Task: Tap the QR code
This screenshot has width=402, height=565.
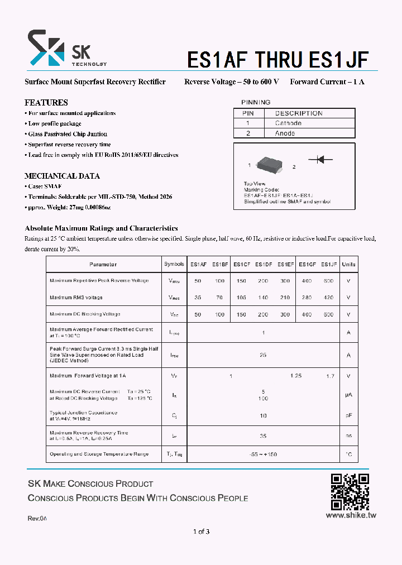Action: tap(350, 492)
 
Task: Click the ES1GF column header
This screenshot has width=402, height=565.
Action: tap(307, 265)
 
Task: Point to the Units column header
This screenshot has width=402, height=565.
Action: tap(348, 265)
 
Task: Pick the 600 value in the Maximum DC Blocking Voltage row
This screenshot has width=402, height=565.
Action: tap(328, 315)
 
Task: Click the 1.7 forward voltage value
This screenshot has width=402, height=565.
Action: tap(330, 376)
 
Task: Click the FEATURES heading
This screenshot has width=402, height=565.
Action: tap(46, 103)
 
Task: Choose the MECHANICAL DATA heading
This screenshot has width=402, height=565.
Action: tap(62, 176)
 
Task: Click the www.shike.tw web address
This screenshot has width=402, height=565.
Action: tap(351, 515)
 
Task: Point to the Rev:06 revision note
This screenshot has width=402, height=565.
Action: tap(37, 519)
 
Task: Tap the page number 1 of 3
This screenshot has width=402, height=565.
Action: tap(201, 532)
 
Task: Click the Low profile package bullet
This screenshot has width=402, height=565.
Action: tap(54, 123)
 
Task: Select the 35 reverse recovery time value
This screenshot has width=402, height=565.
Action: tap(263, 436)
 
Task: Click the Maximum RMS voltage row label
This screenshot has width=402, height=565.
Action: tap(76, 298)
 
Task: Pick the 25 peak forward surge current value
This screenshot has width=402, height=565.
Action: tap(263, 355)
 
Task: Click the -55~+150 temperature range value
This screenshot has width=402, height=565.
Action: tap(263, 454)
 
